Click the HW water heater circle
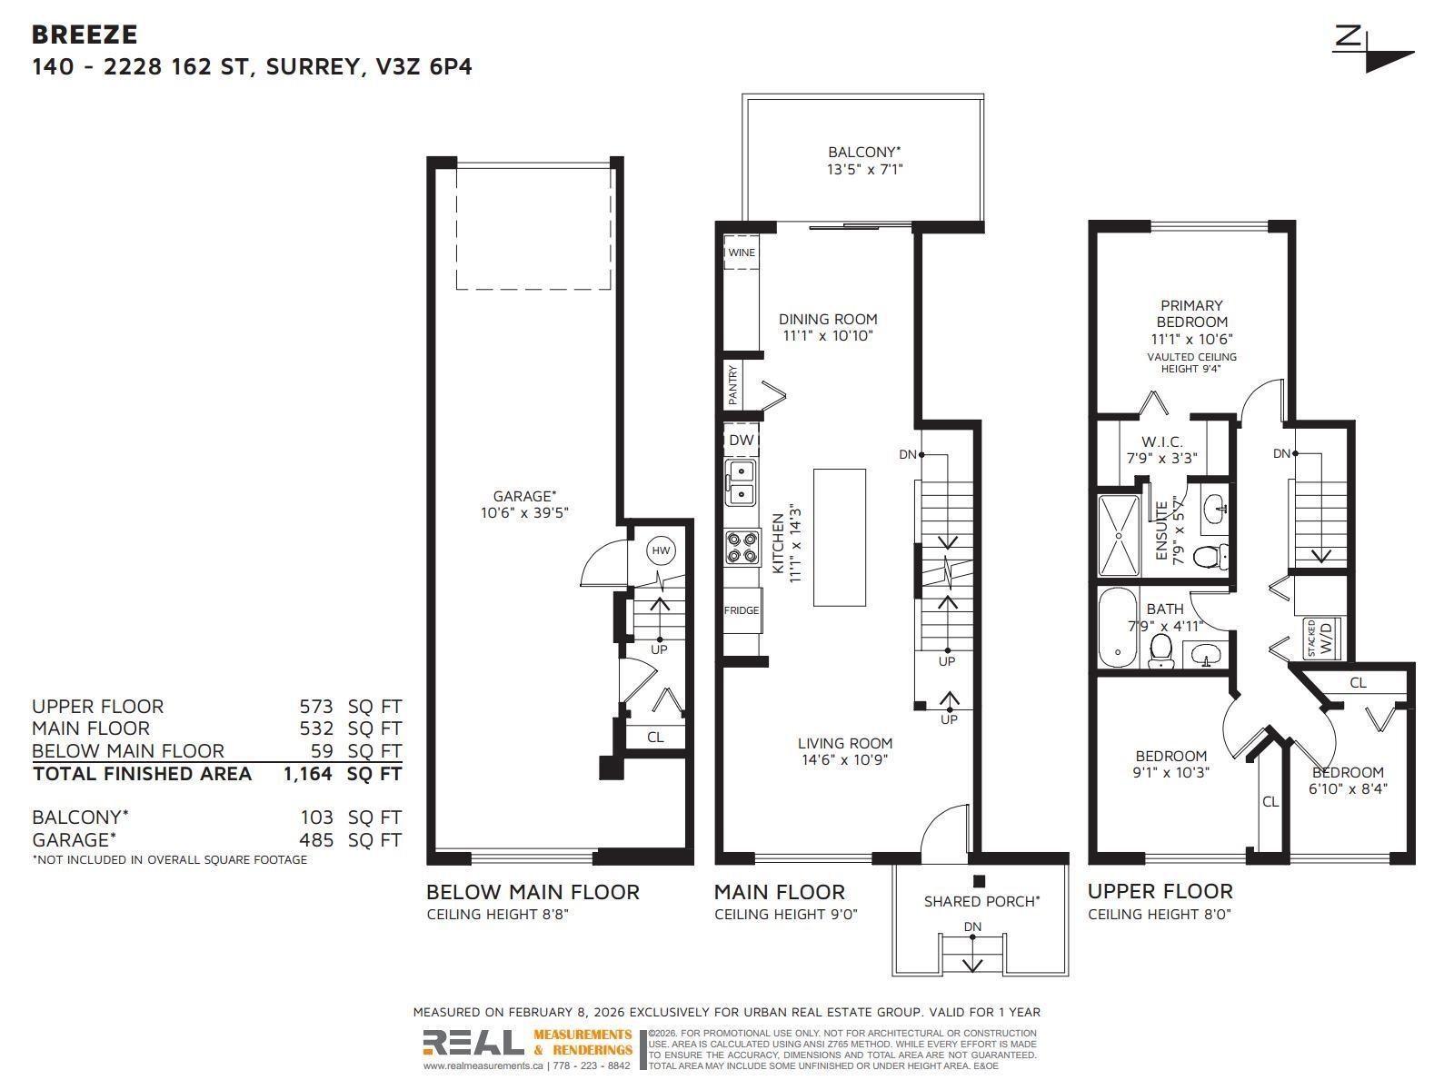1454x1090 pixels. [661, 550]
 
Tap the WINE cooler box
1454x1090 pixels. [742, 253]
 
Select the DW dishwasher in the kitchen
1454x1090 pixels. [742, 441]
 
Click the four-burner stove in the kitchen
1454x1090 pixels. [742, 548]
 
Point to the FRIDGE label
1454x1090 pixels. [742, 610]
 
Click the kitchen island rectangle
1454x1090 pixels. [839, 537]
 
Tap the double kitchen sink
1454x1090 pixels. [742, 483]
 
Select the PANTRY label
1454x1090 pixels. [733, 386]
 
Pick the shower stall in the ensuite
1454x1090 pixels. [1118, 535]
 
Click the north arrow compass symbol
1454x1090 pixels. [1374, 50]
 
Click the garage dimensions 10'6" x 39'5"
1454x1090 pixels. [524, 512]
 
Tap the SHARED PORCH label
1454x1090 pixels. [981, 901]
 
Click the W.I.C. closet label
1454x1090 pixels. [1162, 442]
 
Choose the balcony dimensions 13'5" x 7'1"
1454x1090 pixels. [864, 169]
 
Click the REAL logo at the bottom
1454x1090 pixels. [473, 1043]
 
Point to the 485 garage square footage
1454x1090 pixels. [315, 840]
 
